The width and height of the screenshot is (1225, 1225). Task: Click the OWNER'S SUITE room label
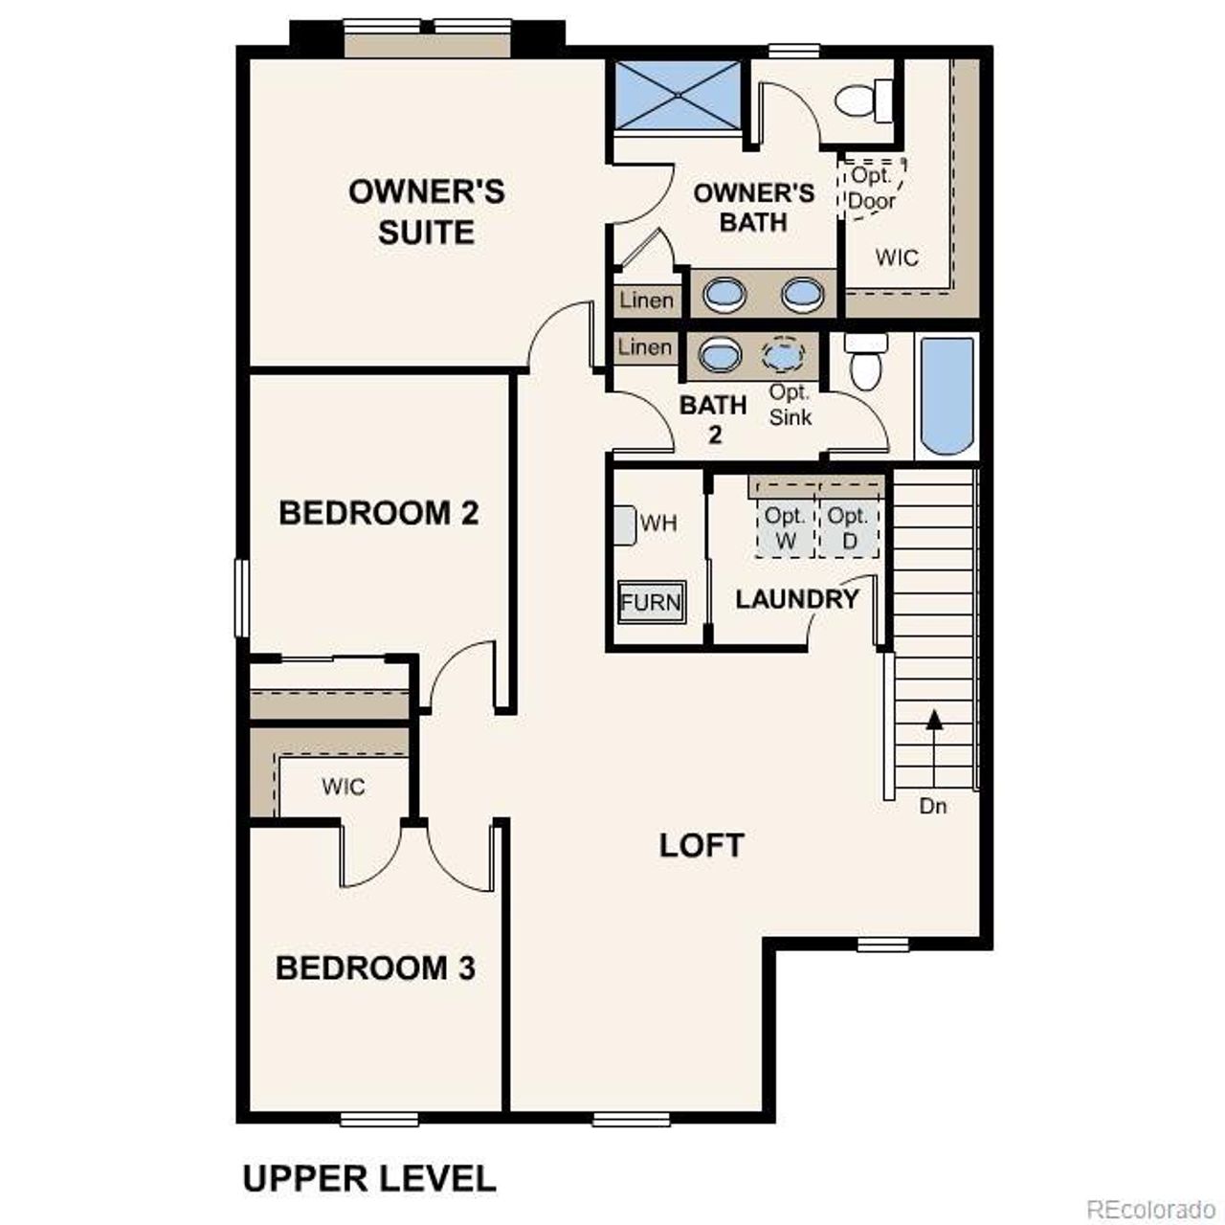click(x=426, y=212)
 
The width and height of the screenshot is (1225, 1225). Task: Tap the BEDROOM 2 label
click(x=378, y=513)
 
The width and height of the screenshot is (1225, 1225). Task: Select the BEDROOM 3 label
click(x=375, y=968)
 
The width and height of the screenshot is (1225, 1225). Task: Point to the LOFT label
click(x=702, y=845)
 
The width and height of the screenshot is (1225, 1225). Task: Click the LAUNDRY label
click(x=796, y=599)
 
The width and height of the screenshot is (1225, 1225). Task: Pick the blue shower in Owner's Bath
click(x=678, y=95)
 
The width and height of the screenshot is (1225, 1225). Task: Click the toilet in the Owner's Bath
click(x=861, y=100)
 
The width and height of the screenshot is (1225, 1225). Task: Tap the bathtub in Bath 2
click(x=947, y=396)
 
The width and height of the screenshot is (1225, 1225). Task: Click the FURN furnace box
click(x=651, y=602)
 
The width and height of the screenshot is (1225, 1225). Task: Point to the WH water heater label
click(x=658, y=523)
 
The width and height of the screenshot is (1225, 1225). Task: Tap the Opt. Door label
click(x=872, y=188)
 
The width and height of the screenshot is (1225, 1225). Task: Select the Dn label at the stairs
click(x=933, y=807)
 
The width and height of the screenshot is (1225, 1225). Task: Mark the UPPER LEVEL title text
click(x=369, y=1178)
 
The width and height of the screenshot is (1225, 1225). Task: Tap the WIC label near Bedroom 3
click(x=343, y=787)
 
